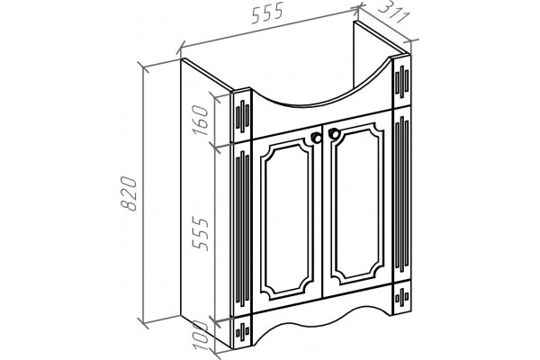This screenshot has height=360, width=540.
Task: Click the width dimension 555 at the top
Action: [267, 13]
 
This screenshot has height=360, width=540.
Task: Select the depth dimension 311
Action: [393, 13]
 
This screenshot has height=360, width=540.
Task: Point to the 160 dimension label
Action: [201, 121]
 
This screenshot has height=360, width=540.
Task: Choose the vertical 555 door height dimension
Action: [201, 233]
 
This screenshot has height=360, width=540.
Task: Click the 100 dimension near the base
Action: [201, 335]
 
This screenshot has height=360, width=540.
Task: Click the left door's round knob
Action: [316, 138]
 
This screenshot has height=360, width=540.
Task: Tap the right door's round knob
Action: [333, 134]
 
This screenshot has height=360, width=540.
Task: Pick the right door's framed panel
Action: [358, 202]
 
